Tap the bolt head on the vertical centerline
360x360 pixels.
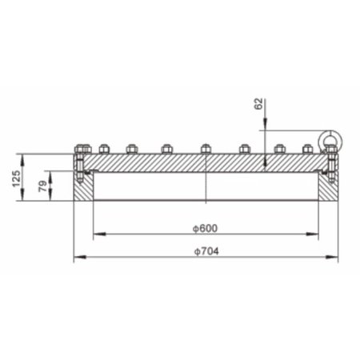206,148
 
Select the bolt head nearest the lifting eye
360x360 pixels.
308,148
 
